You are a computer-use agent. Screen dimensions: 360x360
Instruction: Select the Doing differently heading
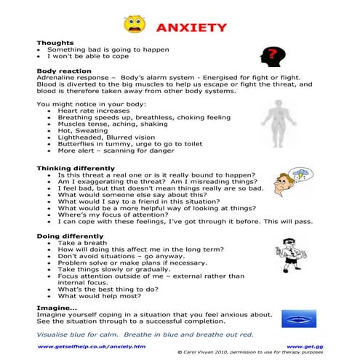(69, 236)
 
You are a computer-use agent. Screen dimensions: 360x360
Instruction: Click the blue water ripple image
(298, 317)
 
